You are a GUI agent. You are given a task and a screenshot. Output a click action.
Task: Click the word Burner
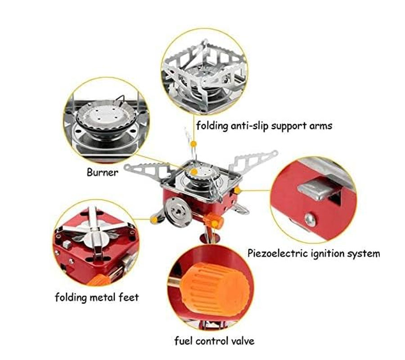103,172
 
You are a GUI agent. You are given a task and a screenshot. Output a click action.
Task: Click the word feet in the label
129,297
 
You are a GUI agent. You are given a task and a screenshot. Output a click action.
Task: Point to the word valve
241,341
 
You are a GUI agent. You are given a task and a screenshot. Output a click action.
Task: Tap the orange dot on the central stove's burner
193,171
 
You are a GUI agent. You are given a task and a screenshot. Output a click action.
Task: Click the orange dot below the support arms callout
193,144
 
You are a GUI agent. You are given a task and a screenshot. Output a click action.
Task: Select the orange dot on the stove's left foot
154,220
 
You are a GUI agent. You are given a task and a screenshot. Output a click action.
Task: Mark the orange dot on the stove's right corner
237,191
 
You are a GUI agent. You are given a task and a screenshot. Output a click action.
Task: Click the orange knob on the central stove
213,220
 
